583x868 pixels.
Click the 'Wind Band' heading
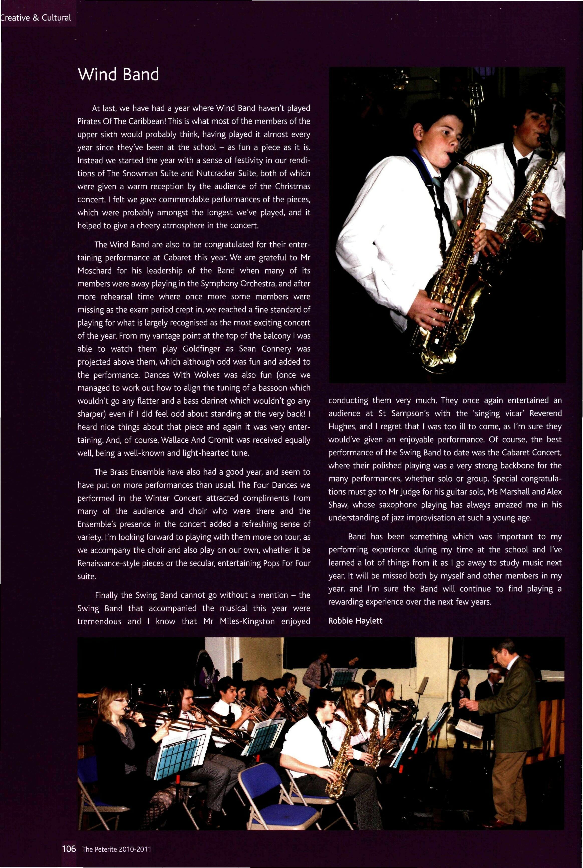(118, 74)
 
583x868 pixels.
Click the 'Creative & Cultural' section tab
(36, 18)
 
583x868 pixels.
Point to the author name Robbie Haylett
(355, 620)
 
